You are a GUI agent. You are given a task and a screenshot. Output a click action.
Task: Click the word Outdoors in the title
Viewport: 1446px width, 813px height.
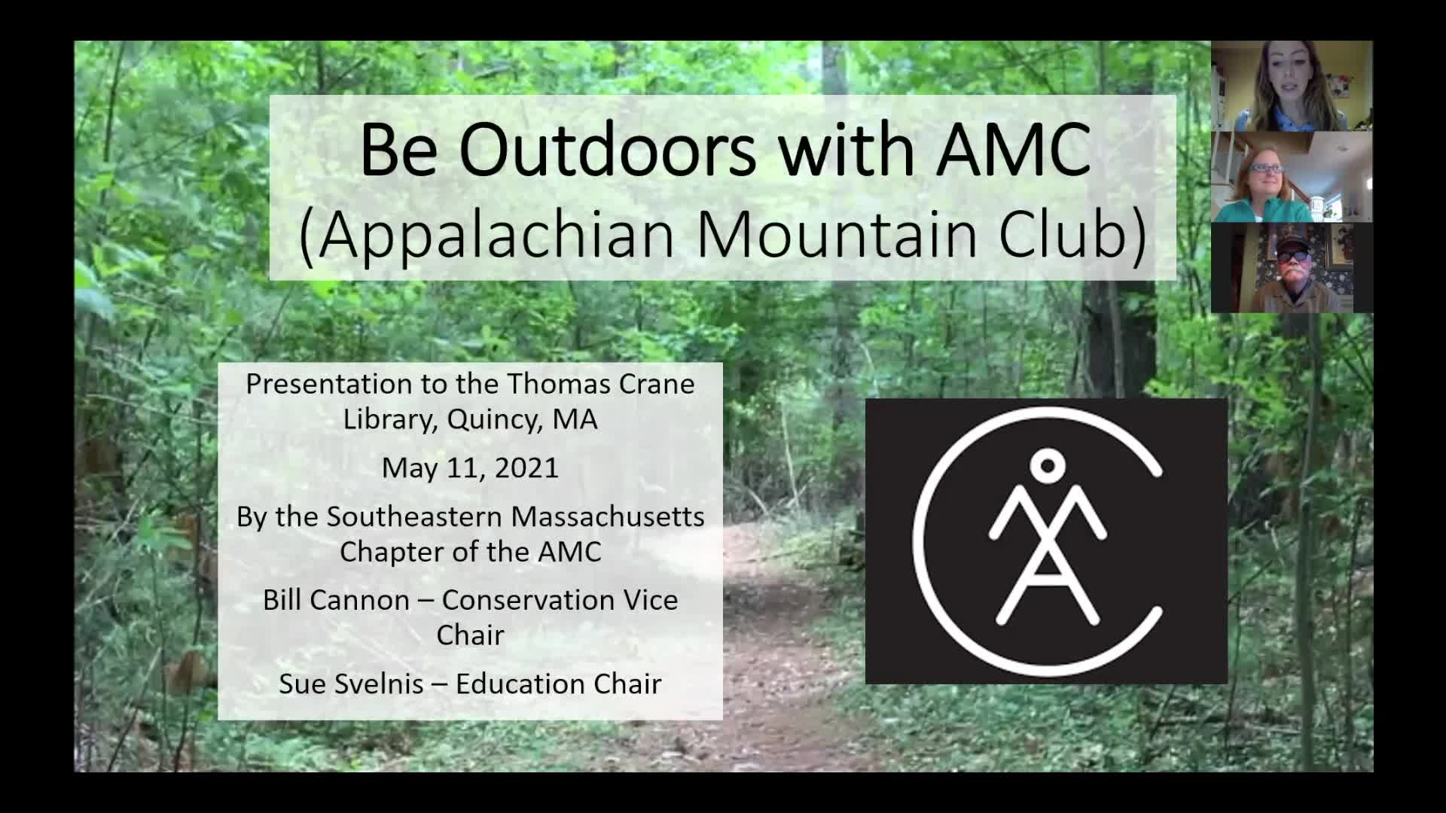tap(607, 150)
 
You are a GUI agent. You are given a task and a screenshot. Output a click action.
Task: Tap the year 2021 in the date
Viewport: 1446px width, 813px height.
tap(526, 467)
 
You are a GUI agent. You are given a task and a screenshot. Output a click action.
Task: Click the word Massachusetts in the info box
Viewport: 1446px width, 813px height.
tap(608, 517)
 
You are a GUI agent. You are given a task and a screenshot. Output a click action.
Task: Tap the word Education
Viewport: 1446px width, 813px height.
tap(520, 684)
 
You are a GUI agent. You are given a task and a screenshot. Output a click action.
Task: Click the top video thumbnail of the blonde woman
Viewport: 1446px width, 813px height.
tap(1291, 86)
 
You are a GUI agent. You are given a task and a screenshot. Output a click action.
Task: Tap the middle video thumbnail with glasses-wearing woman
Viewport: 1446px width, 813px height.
tap(1291, 177)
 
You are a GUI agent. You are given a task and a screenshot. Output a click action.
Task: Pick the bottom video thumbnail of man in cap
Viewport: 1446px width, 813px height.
tap(1291, 268)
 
